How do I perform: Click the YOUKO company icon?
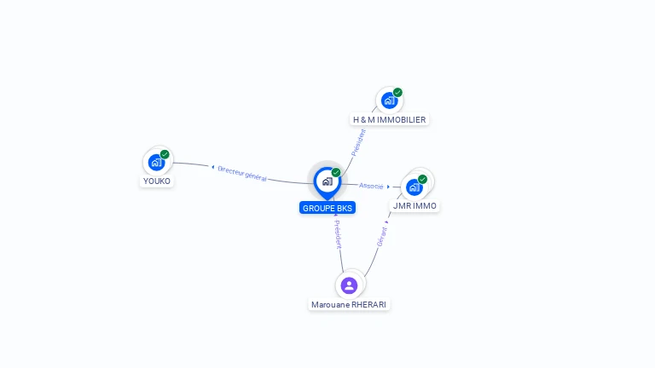coord(156,162)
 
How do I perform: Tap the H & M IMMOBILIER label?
coord(390,120)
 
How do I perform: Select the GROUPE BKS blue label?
coord(327,208)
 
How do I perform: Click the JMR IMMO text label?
coord(415,206)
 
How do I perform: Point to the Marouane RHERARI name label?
coord(350,304)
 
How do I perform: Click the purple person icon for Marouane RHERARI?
coord(349,285)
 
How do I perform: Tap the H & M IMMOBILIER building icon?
coord(389,101)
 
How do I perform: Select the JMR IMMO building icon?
coord(414,187)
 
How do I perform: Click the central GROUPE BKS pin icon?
coord(327,181)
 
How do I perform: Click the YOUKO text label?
coord(157,181)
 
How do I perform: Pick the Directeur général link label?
coord(242,174)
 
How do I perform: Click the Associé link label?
coord(371,186)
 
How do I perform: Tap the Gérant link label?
coord(382,236)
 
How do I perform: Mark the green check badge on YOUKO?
coord(165,154)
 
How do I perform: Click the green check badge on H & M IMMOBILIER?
coord(397,93)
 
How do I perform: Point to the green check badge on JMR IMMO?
coord(422,179)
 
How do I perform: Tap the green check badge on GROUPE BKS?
coord(336,173)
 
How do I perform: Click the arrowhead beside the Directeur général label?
coord(212,167)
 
